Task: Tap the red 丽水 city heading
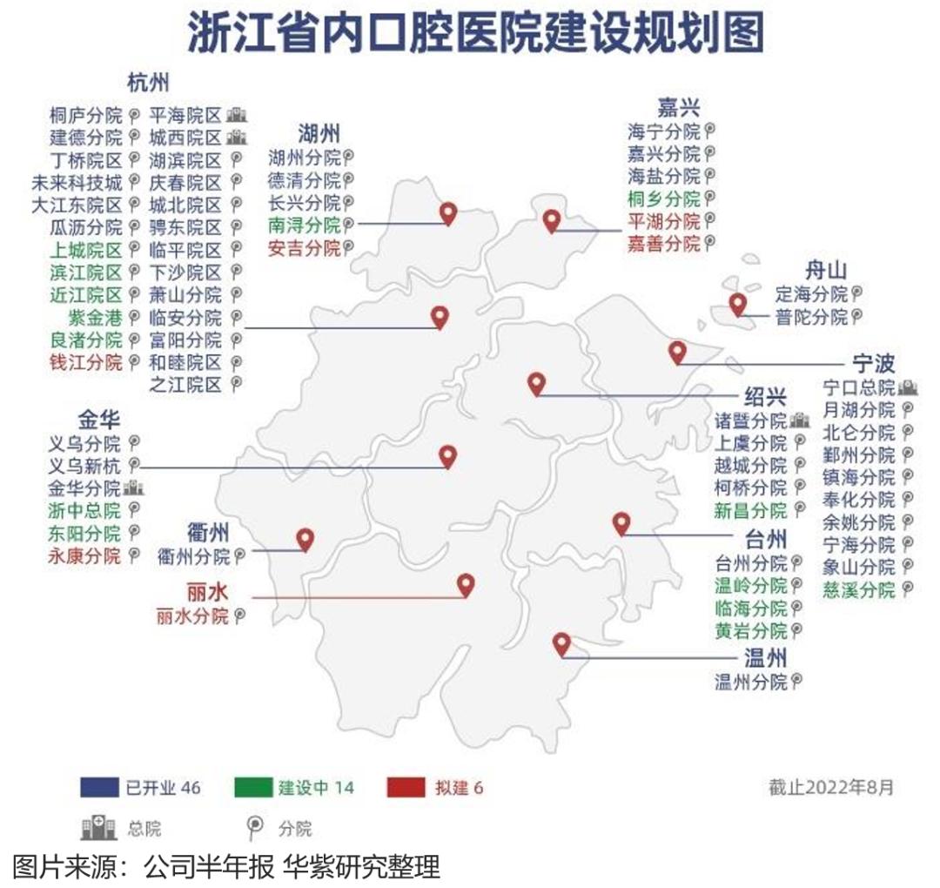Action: [x=207, y=592]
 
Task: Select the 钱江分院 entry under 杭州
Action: [x=86, y=362]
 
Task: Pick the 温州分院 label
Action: [x=750, y=682]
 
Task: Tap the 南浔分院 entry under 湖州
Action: [x=304, y=225]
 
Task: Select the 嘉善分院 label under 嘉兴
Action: [x=663, y=244]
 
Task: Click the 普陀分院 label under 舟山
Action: [x=811, y=317]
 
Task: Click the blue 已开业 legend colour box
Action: [x=98, y=788]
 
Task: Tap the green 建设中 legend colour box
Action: [x=252, y=788]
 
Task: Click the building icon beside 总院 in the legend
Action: [x=97, y=828]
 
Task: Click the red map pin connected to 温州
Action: [x=561, y=644]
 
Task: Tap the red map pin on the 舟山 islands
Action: [x=738, y=305]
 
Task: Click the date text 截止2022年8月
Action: [x=830, y=788]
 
